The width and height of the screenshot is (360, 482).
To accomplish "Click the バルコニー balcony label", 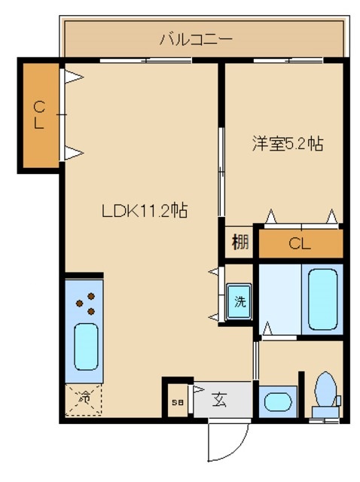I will pyautogui.click(x=195, y=38).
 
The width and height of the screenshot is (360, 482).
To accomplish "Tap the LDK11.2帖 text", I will pyautogui.click(x=145, y=212).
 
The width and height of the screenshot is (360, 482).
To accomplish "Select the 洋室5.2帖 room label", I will pyautogui.click(x=287, y=144).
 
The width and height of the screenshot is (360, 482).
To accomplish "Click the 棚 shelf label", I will pyautogui.click(x=240, y=243).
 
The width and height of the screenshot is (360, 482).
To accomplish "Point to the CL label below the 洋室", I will pyautogui.click(x=300, y=243).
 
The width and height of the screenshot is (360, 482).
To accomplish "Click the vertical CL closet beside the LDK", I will pyautogui.click(x=39, y=116).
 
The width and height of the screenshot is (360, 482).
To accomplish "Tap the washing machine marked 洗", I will pyautogui.click(x=239, y=302).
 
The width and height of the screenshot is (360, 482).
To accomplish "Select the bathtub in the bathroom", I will pyautogui.click(x=322, y=299).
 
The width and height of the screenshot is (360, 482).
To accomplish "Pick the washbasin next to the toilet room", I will pyautogui.click(x=276, y=401).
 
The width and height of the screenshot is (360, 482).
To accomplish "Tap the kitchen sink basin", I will pyautogui.click(x=85, y=346).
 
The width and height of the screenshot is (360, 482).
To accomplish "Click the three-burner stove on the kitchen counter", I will pyautogui.click(x=85, y=303).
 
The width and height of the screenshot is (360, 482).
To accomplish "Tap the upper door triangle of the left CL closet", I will pyautogui.click(x=73, y=76).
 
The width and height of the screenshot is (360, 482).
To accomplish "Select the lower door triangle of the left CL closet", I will pyautogui.click(x=73, y=154).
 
